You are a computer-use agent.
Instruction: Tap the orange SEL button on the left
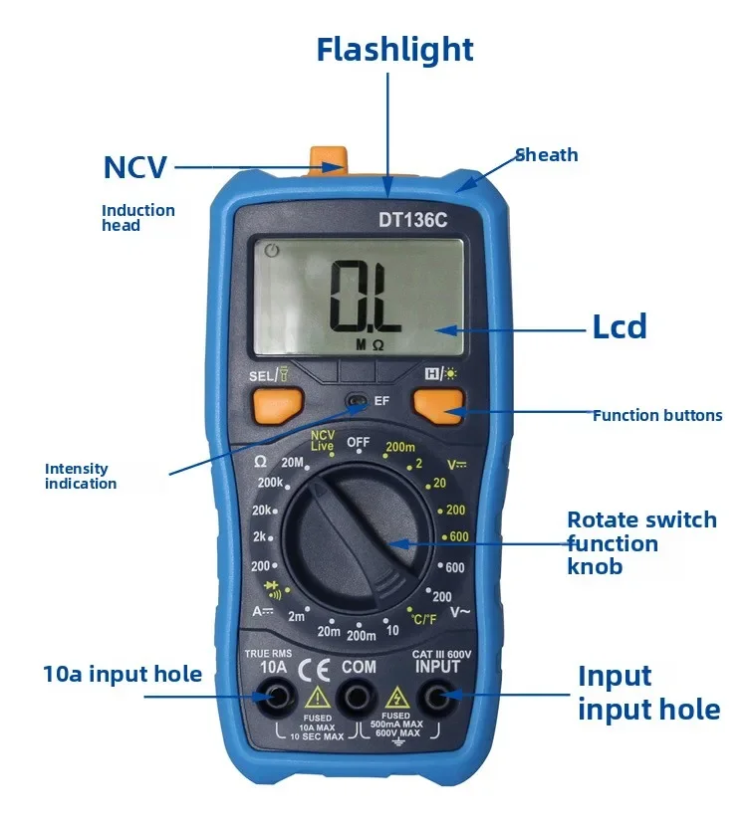click(272, 404)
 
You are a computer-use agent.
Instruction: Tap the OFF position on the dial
click(358, 442)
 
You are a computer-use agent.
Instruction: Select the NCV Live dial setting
click(322, 442)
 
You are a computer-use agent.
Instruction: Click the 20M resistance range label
click(292, 462)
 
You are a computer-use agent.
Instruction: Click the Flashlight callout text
click(394, 49)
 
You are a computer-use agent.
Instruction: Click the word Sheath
click(546, 154)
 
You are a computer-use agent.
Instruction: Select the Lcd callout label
click(619, 326)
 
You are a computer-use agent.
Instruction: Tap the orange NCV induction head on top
click(328, 158)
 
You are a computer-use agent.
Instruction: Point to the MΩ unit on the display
click(370, 344)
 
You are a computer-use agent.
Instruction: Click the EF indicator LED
click(356, 401)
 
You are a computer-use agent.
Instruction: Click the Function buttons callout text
click(657, 415)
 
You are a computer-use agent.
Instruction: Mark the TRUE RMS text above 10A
click(266, 652)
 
